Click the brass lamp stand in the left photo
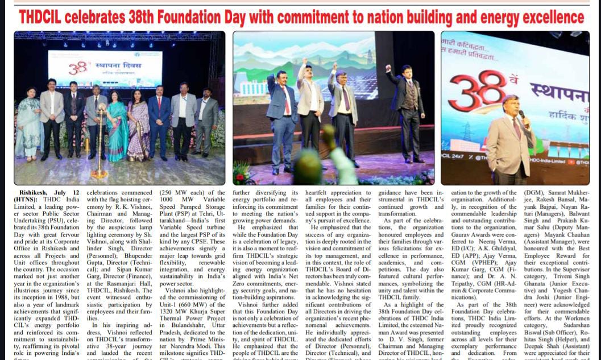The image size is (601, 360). coord(100,154)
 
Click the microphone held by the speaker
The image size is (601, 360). coord(521,115)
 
